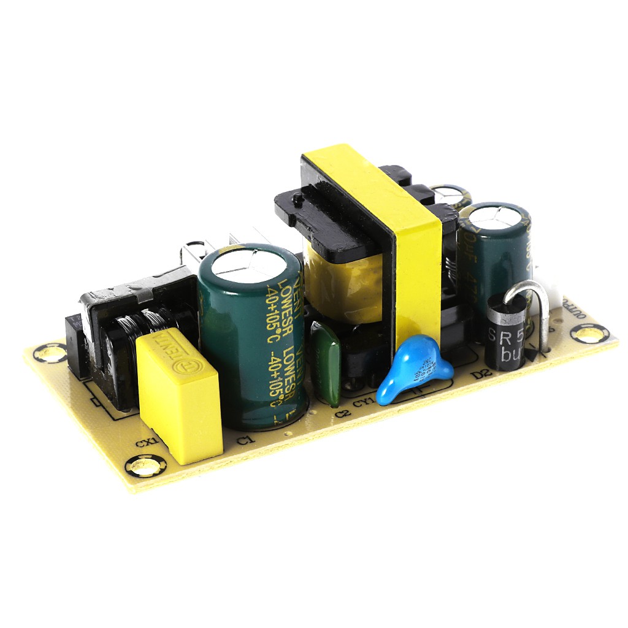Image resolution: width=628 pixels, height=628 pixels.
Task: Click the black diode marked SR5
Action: click(x=505, y=333)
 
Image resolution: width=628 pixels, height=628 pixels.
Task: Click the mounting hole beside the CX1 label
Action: click(x=145, y=467)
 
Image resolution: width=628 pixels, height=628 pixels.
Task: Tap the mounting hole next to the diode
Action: click(x=590, y=334)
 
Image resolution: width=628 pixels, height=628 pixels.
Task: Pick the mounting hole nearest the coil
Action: click(x=50, y=353)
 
